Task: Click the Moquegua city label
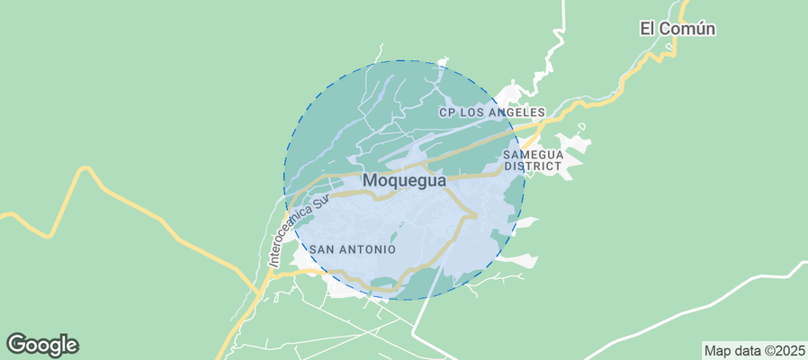(404, 181)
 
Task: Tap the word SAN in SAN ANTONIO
(324, 249)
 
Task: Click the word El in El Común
(648, 29)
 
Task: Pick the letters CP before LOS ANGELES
(447, 112)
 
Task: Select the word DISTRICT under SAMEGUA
(533, 166)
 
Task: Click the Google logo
(42, 345)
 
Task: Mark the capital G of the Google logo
(16, 344)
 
